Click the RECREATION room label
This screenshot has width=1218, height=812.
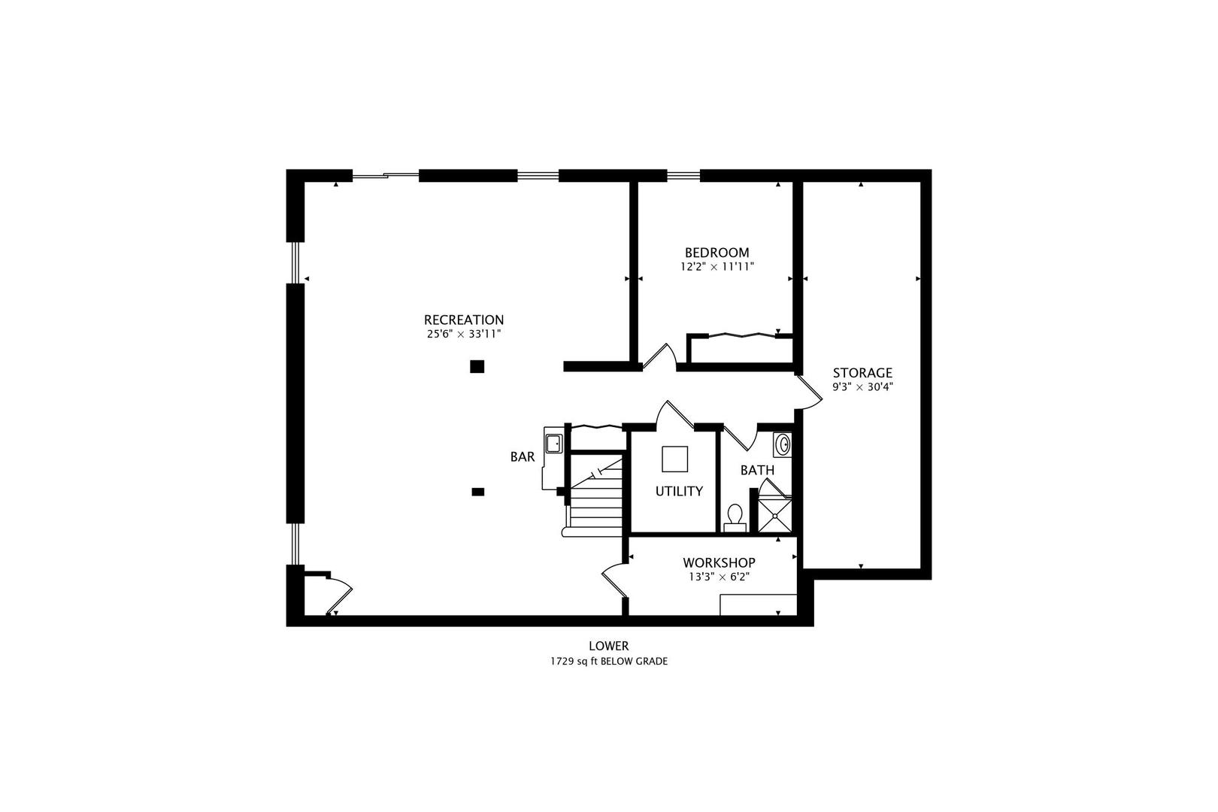pyautogui.click(x=464, y=320)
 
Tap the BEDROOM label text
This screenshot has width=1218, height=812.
pyautogui.click(x=717, y=253)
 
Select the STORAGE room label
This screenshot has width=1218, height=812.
pyautogui.click(x=862, y=373)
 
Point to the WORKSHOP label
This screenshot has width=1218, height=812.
pyautogui.click(x=719, y=562)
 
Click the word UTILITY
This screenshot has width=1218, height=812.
pyautogui.click(x=679, y=491)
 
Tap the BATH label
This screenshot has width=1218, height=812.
pyautogui.click(x=757, y=470)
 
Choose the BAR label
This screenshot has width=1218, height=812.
pyautogui.click(x=522, y=457)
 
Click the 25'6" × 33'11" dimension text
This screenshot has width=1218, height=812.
pyautogui.click(x=464, y=334)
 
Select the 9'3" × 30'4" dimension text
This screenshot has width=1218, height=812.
pyautogui.click(x=862, y=387)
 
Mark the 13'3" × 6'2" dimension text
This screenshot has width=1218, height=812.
pyautogui.click(x=719, y=577)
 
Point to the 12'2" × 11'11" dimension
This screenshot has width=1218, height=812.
pyautogui.click(x=717, y=267)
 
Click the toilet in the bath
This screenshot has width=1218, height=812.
pyautogui.click(x=735, y=518)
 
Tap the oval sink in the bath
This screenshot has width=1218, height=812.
pyautogui.click(x=783, y=444)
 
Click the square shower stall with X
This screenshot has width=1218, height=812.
pyautogui.click(x=775, y=516)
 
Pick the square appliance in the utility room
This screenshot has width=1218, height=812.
pyautogui.click(x=675, y=459)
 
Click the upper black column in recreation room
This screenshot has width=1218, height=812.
pyautogui.click(x=477, y=367)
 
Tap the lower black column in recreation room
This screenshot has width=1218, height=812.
pyautogui.click(x=477, y=492)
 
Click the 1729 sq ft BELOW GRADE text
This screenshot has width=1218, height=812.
pyautogui.click(x=609, y=662)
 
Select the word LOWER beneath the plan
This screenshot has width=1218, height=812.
pyautogui.click(x=609, y=646)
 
